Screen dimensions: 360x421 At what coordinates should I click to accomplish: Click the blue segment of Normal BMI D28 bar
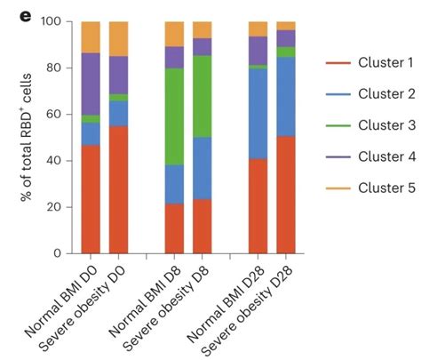pos(258,113)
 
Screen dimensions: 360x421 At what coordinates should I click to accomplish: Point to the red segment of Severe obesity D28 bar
pos(286,194)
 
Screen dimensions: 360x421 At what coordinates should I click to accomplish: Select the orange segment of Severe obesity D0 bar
pos(119,38)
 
